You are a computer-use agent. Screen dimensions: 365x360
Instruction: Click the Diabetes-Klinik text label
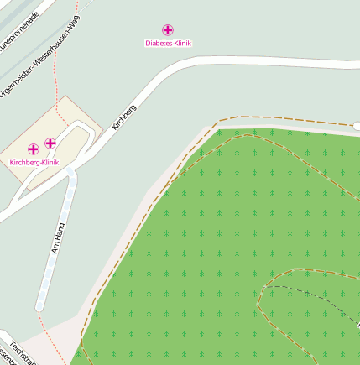coord(168,42)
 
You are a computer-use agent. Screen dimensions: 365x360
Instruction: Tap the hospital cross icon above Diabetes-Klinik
coord(168,30)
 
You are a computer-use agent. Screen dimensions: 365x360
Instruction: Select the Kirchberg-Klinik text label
coord(34,161)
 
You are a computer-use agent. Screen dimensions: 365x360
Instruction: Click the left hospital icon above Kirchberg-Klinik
coord(34,149)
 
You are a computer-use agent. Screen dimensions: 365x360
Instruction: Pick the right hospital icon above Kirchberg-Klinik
coord(50,143)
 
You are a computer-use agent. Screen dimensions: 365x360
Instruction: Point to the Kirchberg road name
coord(123,116)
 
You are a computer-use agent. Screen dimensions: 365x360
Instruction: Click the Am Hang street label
coord(58,237)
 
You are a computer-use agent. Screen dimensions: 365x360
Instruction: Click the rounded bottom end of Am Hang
coord(39,308)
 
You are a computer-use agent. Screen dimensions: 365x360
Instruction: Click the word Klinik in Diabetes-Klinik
coord(181,42)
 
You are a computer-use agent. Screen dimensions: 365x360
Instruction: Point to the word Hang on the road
coord(60,229)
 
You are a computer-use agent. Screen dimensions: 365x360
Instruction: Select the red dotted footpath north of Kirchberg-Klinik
coord(56,76)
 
